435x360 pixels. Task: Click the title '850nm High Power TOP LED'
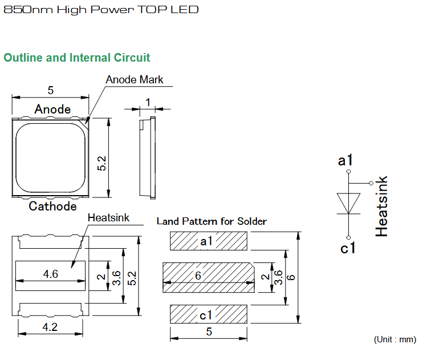[101, 10]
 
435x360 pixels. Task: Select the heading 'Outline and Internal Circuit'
[77, 58]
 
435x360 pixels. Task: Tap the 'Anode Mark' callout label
[135, 80]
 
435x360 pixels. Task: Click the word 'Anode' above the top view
[52, 109]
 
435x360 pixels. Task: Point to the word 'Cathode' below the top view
[52, 206]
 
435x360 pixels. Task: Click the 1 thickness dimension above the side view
[148, 103]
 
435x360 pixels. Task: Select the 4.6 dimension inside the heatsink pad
[51, 274]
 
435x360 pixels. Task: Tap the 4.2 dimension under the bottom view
[50, 327]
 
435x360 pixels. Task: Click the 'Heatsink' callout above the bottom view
[108, 218]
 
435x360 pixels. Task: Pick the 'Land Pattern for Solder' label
[212, 221]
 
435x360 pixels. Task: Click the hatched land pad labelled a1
[209, 241]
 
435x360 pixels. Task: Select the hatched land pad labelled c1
[209, 314]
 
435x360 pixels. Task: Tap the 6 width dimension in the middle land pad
[198, 276]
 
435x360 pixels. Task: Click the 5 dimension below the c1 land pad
[209, 331]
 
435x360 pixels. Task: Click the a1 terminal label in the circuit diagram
[345, 160]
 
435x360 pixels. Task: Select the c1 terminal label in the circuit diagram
[348, 248]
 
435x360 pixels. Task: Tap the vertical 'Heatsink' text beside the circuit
[381, 206]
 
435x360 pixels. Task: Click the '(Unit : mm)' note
[395, 339]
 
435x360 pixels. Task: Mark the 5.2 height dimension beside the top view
[101, 163]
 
